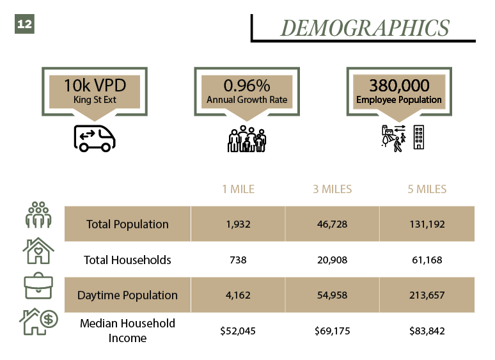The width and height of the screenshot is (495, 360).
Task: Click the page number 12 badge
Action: pyautogui.click(x=24, y=24)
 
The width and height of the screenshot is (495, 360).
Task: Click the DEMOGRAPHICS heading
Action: pyautogui.click(x=365, y=28)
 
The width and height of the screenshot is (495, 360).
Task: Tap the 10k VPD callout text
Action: pyautogui.click(x=94, y=86)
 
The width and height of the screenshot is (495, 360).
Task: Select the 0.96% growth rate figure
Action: pyautogui.click(x=246, y=86)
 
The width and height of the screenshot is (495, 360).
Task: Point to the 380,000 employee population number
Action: pyautogui.click(x=398, y=86)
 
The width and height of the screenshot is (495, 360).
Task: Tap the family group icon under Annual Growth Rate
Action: pyautogui.click(x=246, y=139)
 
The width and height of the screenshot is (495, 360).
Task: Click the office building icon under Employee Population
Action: pyautogui.click(x=419, y=137)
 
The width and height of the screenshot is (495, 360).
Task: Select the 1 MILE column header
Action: pyautogui.click(x=238, y=189)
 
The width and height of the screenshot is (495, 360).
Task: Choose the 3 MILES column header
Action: pyautogui.click(x=333, y=189)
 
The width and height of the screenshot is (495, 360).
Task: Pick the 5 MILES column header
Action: pyautogui.click(x=427, y=189)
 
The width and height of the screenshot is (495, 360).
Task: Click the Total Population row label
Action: pyautogui.click(x=127, y=224)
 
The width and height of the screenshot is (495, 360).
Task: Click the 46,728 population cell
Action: pyautogui.click(x=333, y=224)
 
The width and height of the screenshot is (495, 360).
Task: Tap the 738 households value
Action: pyautogui.click(x=238, y=260)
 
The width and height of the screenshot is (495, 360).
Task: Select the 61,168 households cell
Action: pyautogui.click(x=427, y=260)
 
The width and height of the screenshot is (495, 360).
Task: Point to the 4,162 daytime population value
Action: pyautogui.click(x=238, y=295)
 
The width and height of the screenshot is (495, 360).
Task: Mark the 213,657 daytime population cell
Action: pyautogui.click(x=427, y=295)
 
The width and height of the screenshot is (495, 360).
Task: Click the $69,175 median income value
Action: pyautogui.click(x=333, y=331)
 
